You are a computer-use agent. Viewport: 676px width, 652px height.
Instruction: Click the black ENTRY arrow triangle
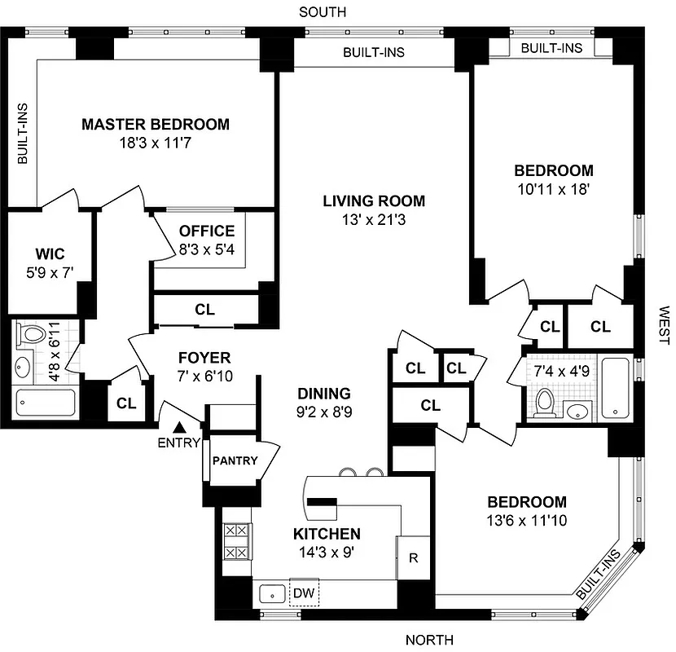point(180,426)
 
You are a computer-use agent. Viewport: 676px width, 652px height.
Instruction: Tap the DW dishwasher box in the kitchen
point(304,593)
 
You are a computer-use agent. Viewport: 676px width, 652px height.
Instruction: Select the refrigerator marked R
point(413,558)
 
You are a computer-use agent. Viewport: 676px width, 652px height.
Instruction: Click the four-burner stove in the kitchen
point(236,541)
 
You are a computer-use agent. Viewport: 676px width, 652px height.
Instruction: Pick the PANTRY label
point(235,460)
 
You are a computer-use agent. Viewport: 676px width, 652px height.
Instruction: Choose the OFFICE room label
point(207,231)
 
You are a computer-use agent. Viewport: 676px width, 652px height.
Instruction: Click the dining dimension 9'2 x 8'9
point(324,412)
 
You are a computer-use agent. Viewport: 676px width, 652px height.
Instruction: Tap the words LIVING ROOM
point(373,200)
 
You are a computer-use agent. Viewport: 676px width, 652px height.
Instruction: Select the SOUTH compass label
point(323,12)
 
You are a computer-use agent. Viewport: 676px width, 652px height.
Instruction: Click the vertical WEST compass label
point(664,326)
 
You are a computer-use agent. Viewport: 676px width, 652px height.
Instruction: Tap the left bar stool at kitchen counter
point(348,472)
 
